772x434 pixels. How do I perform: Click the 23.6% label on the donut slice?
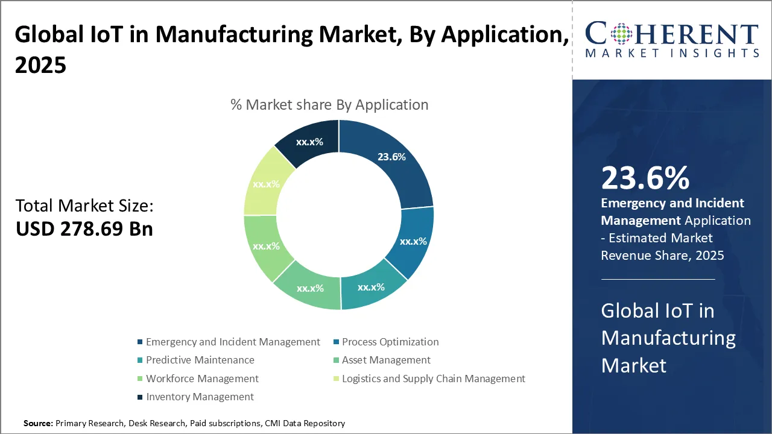(x=391, y=157)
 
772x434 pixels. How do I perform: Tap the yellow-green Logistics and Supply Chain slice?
(x=266, y=184)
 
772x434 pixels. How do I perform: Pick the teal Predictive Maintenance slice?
(x=371, y=287)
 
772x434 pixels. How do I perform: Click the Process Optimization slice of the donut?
(x=413, y=241)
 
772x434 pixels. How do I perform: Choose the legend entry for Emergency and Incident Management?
(x=233, y=342)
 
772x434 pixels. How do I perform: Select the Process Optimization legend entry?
(x=390, y=342)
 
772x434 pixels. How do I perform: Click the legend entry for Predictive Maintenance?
(x=200, y=360)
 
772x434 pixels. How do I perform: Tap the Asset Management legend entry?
(x=386, y=360)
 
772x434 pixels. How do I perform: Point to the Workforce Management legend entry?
(x=202, y=379)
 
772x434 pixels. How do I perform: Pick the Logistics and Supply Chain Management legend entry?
(x=433, y=379)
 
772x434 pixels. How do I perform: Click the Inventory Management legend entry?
(x=200, y=397)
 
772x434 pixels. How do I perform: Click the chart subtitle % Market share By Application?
(x=329, y=104)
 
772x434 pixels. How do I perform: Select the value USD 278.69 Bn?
(x=84, y=229)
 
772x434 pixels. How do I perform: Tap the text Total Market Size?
(x=84, y=206)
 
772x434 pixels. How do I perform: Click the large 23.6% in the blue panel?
(x=645, y=178)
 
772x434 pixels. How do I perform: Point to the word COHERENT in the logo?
(x=672, y=33)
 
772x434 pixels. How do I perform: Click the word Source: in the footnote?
(x=38, y=424)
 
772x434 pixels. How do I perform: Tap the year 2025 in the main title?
(x=40, y=64)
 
